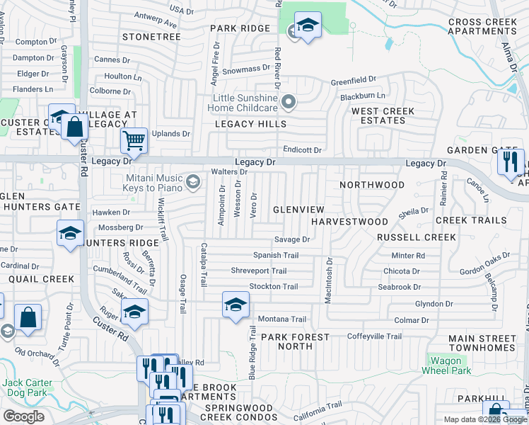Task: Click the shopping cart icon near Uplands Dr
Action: coord(134,140)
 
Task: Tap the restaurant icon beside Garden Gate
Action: coord(511,161)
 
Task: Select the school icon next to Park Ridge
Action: coord(308,26)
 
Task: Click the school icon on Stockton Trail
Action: coord(236,305)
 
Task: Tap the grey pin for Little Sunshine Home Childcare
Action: coord(289,103)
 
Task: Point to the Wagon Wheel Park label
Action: coord(446,365)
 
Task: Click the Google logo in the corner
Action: coord(23,416)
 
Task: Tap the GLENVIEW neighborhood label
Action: coord(298,210)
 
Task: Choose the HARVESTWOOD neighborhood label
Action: coord(350,222)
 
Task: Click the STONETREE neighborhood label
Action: coord(147,35)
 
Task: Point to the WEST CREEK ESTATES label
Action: coord(383,116)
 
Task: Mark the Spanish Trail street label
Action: coord(276,255)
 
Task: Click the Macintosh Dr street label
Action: coord(328,280)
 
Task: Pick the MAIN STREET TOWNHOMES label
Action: coord(481,342)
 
